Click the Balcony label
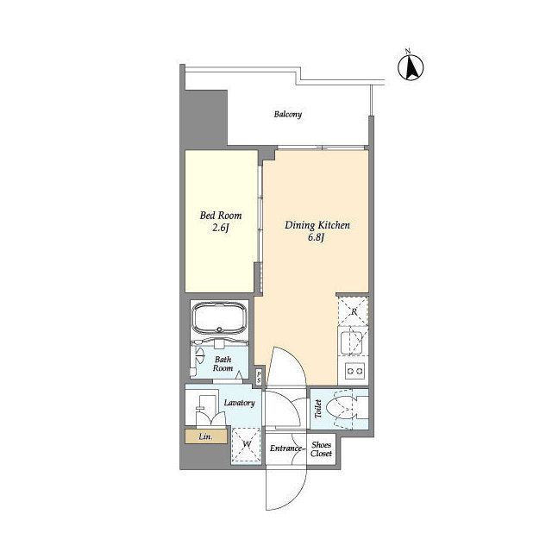(x=288, y=115)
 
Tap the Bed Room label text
(x=221, y=215)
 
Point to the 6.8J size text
(x=316, y=238)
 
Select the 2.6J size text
(x=221, y=228)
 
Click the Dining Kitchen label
(x=317, y=225)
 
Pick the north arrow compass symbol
(x=411, y=66)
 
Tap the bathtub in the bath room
(x=219, y=317)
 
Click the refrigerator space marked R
(x=353, y=311)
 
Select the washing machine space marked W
(x=247, y=444)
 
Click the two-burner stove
(x=354, y=371)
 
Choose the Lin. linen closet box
(x=206, y=436)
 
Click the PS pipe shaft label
(x=259, y=378)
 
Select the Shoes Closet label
(x=321, y=449)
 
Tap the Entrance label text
(x=285, y=448)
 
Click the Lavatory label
(x=240, y=403)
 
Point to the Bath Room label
(x=223, y=364)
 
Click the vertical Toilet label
(x=318, y=409)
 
